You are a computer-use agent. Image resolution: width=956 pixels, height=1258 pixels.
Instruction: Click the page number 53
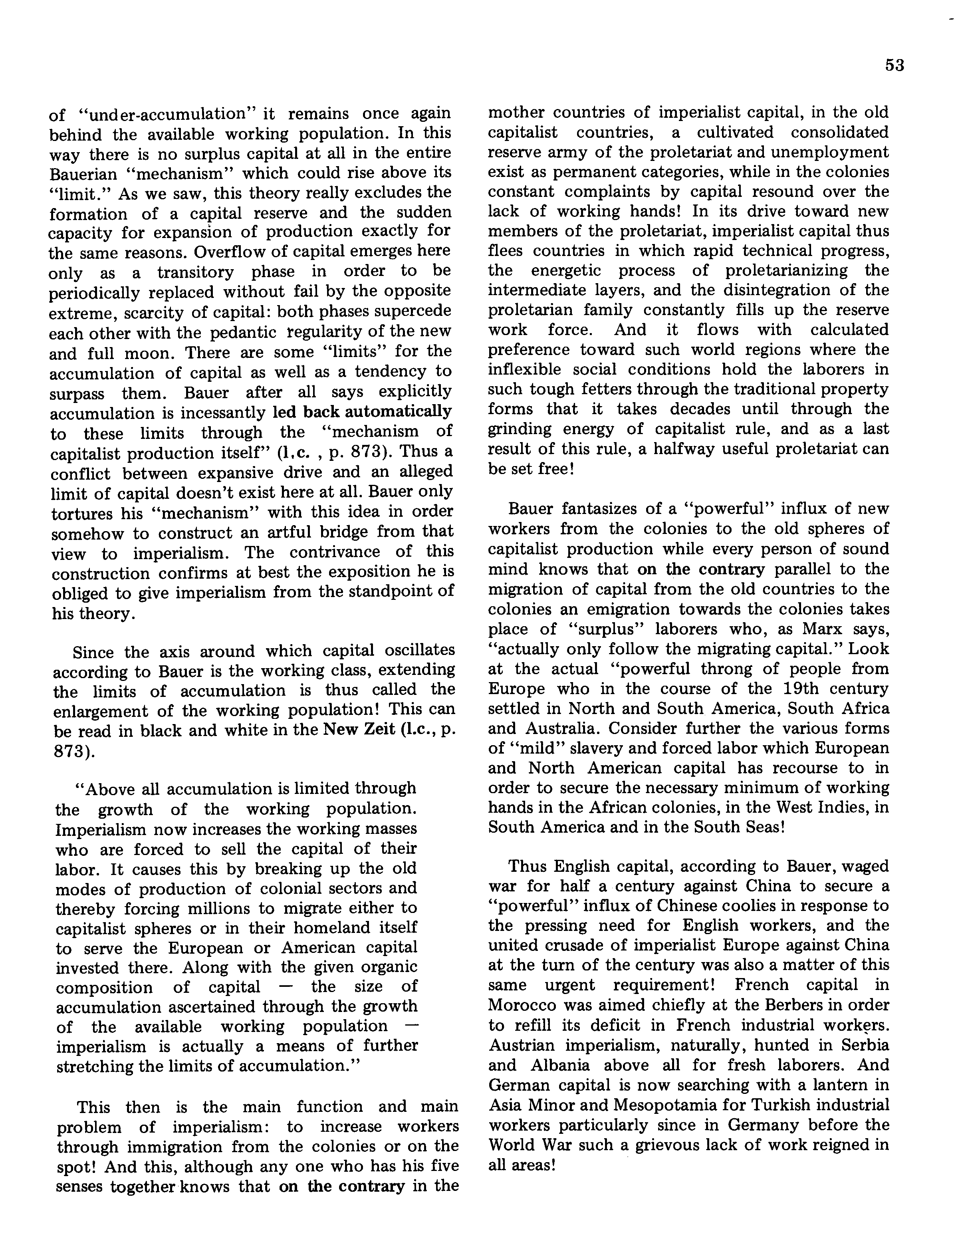pyautogui.click(x=895, y=66)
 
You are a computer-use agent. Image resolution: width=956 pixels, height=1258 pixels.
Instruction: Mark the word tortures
pyautogui.click(x=81, y=513)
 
